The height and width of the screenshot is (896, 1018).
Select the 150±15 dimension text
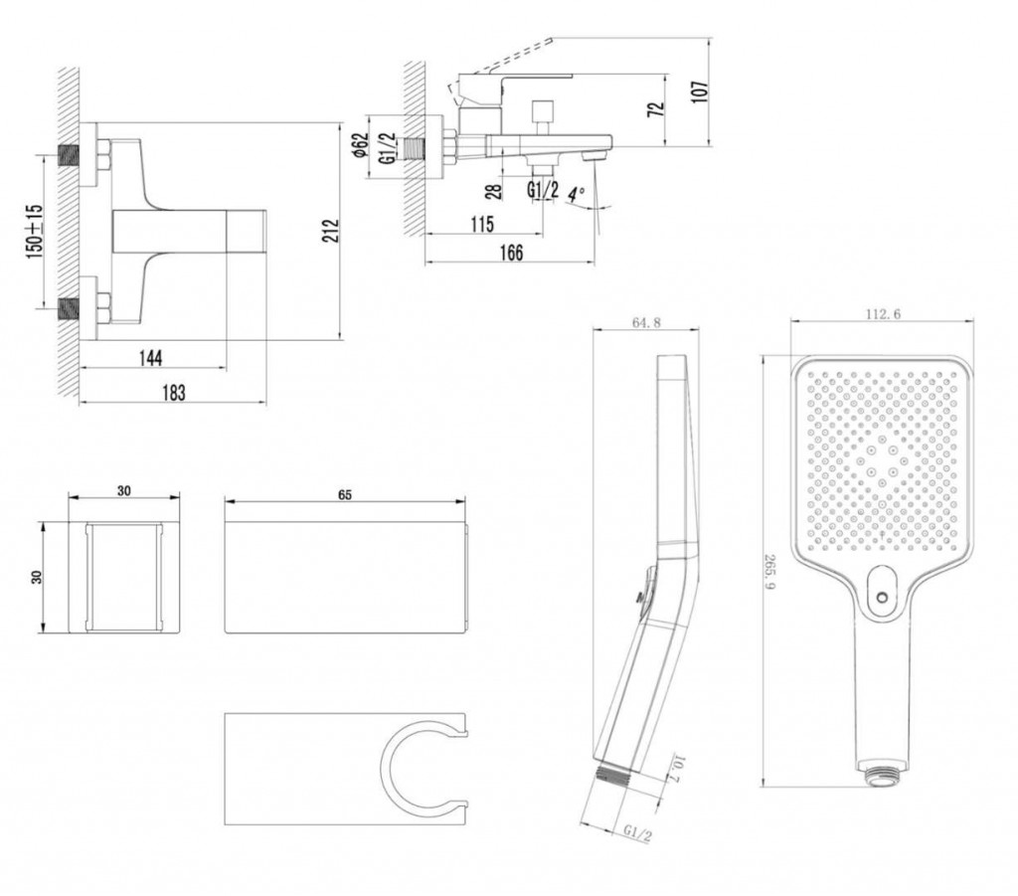click(x=35, y=231)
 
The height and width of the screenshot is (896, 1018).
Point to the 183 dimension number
click(x=173, y=392)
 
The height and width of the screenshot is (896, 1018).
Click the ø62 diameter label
click(x=361, y=146)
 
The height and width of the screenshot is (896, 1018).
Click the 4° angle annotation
click(x=577, y=193)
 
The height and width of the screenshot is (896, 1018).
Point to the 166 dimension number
click(x=509, y=253)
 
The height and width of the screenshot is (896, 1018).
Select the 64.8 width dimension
click(x=646, y=322)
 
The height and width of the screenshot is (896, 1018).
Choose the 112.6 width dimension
click(x=882, y=314)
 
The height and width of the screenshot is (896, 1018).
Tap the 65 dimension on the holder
click(x=344, y=494)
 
